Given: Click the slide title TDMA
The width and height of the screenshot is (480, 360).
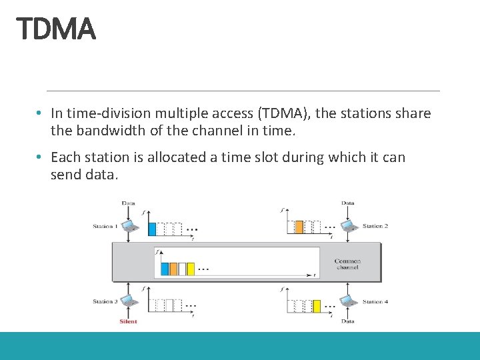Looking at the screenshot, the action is [x=56, y=29].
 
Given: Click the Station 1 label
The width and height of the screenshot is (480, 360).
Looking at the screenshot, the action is [x=105, y=226].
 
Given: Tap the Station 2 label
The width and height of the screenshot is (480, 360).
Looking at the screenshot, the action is [x=375, y=226].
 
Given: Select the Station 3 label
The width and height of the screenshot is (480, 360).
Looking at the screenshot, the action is [x=105, y=301].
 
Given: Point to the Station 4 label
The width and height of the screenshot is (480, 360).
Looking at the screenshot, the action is [x=375, y=301].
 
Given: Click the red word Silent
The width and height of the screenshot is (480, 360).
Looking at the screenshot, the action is [x=128, y=321].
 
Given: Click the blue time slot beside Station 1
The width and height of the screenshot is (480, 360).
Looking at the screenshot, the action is [x=151, y=228].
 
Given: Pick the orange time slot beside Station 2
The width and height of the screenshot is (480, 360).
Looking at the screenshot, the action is [x=299, y=227].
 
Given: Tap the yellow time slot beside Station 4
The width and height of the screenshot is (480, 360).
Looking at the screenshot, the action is [x=317, y=306].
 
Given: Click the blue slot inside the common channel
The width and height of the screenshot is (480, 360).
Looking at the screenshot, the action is [x=165, y=269].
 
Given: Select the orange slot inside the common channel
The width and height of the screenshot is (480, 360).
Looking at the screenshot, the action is [x=173, y=269].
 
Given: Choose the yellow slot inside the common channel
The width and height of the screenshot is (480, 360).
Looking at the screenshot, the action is [x=191, y=269].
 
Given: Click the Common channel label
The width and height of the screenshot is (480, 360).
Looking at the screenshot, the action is [x=347, y=264].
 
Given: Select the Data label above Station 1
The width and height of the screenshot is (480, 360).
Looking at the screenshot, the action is [x=128, y=203].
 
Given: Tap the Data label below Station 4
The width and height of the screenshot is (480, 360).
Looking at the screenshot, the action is [x=348, y=321].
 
